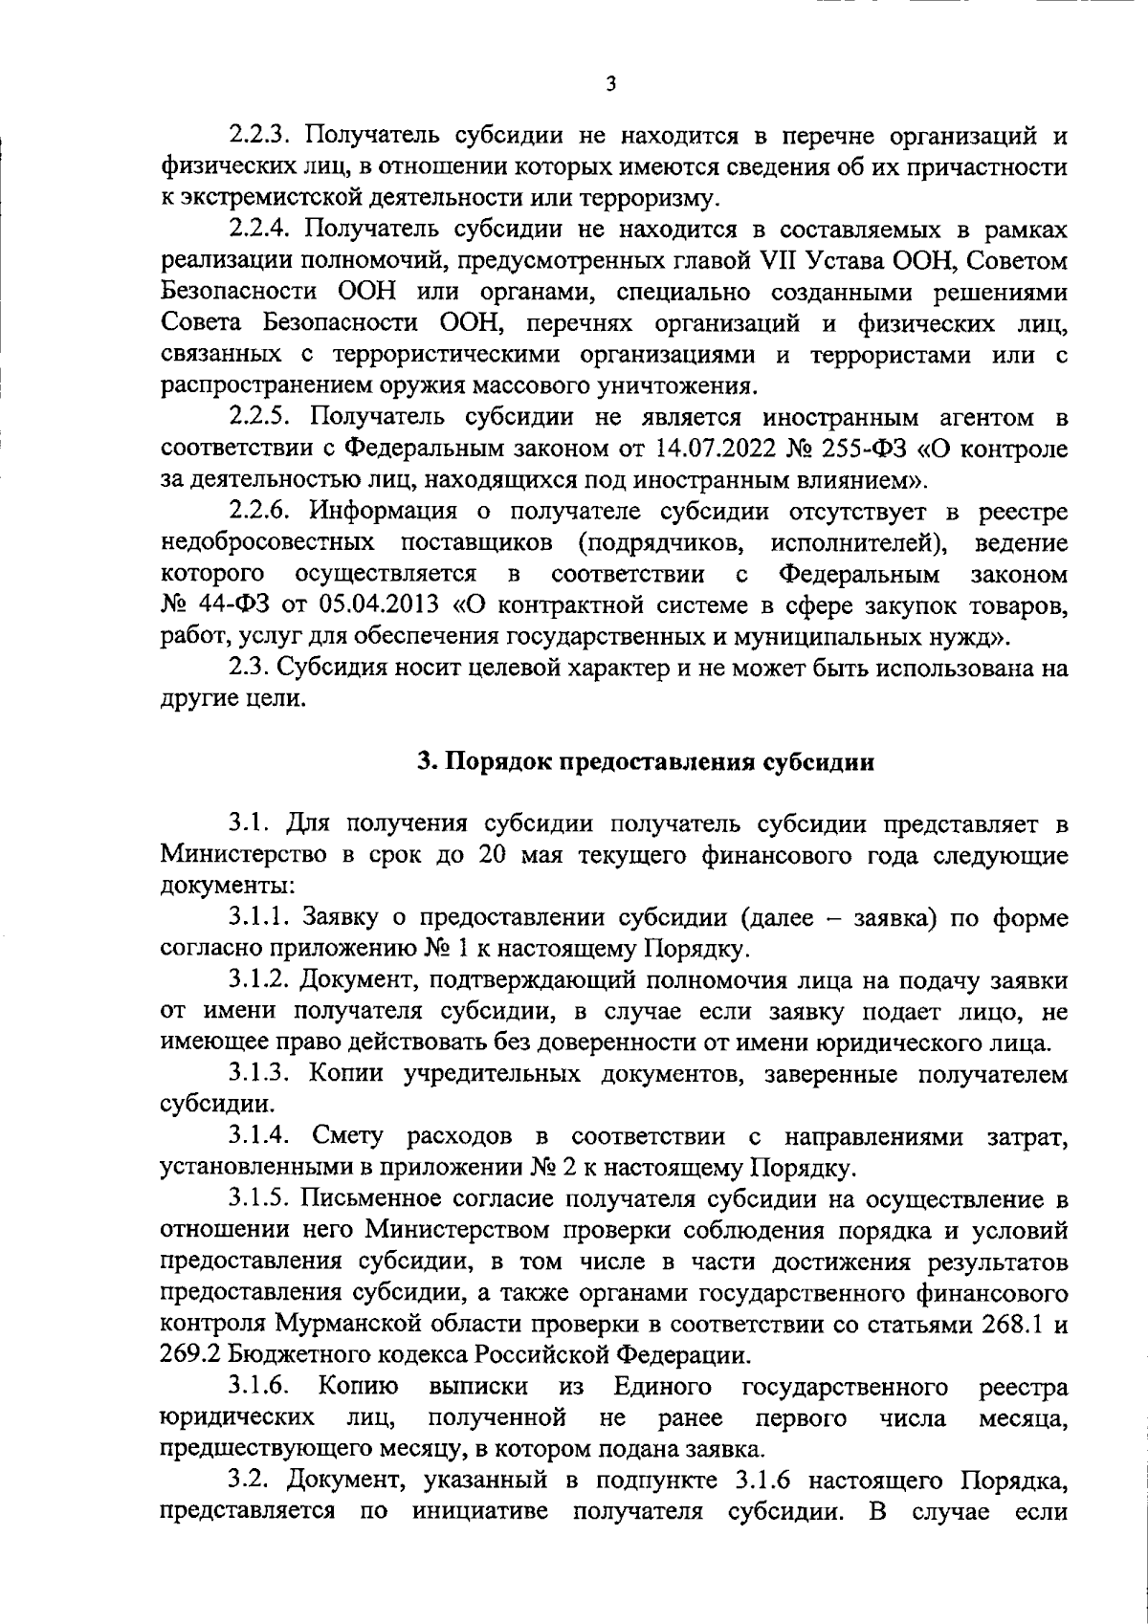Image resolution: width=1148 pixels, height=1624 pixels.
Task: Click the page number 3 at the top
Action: pos(611,84)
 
